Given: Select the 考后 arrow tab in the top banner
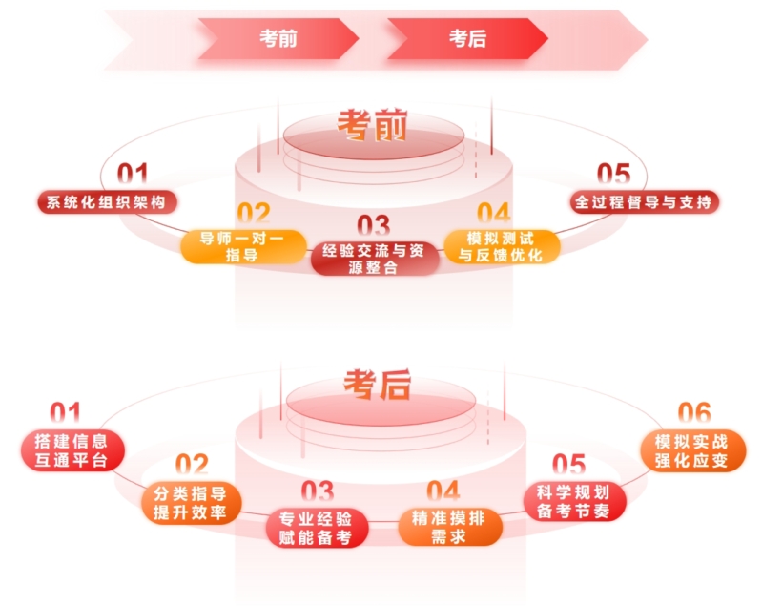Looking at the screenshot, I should (x=467, y=38).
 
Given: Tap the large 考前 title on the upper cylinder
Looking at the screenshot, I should (x=372, y=125).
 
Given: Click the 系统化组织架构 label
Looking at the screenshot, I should (x=107, y=201).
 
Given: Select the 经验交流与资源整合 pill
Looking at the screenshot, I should (x=373, y=259).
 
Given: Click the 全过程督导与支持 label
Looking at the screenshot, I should (x=645, y=201).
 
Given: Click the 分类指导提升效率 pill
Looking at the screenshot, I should (x=190, y=502).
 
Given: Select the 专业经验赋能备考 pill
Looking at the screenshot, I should (x=317, y=528).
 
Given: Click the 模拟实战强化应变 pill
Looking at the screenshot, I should (x=691, y=450).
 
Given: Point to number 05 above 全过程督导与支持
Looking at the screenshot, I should (x=614, y=175).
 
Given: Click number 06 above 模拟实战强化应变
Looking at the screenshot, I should (x=694, y=413).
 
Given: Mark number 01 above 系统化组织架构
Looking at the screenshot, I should (x=133, y=175).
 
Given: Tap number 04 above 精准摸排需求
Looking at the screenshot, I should (x=443, y=491).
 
